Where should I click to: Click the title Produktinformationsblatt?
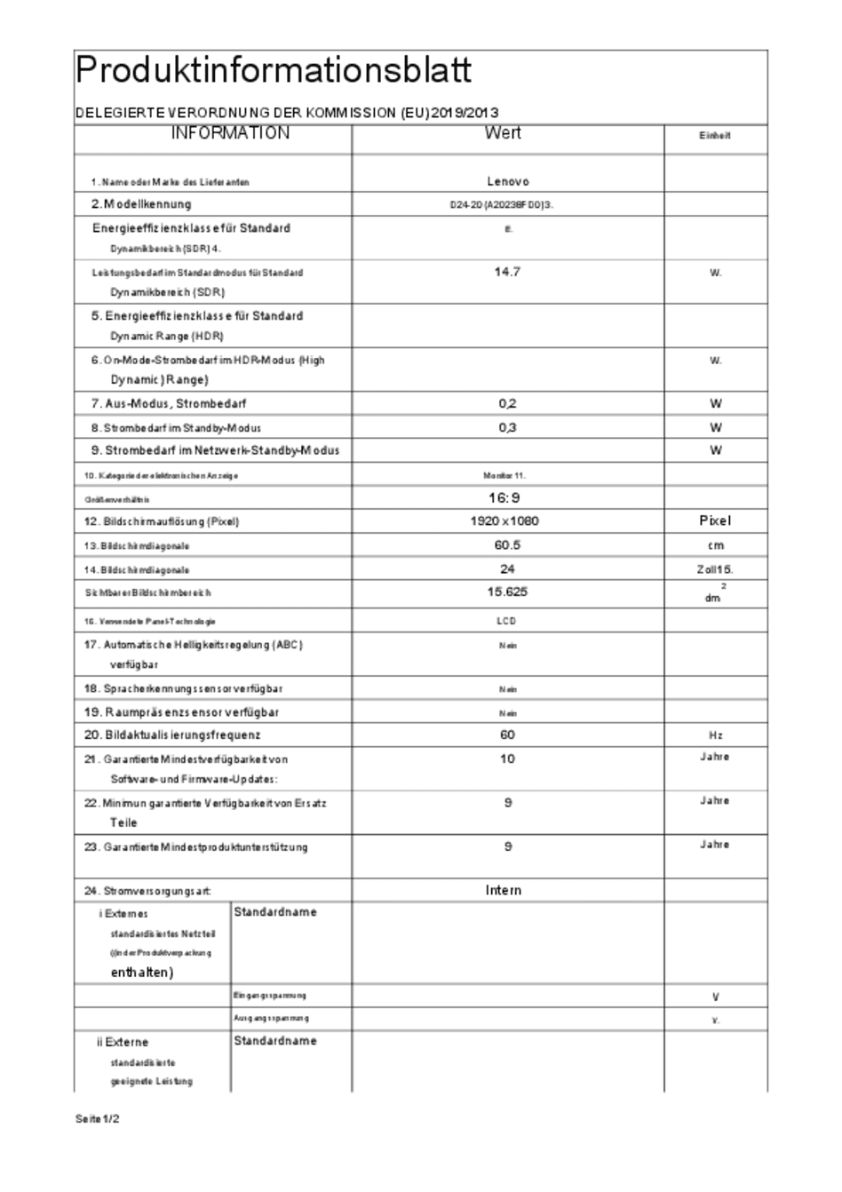[x=274, y=70]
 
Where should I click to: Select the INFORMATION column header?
[x=230, y=133]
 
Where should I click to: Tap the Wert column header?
[x=503, y=133]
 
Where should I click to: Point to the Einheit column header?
[x=714, y=136]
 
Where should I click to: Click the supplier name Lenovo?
[x=508, y=181]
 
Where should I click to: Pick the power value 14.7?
[x=507, y=272]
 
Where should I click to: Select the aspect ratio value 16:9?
[x=504, y=498]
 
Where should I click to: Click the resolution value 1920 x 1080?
[x=504, y=521]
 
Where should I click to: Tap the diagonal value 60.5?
[x=507, y=545]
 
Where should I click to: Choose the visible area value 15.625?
[x=508, y=592]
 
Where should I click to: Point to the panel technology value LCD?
[x=506, y=622]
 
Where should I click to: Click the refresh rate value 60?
[x=507, y=735]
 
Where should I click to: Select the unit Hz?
[x=716, y=736]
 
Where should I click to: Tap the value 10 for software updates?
[x=507, y=759]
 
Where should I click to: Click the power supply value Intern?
[x=504, y=890]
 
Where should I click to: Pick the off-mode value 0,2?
[x=507, y=403]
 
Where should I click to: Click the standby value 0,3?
[x=507, y=427]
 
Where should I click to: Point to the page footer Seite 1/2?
[x=98, y=1119]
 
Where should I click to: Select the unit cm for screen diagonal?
[x=716, y=545]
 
